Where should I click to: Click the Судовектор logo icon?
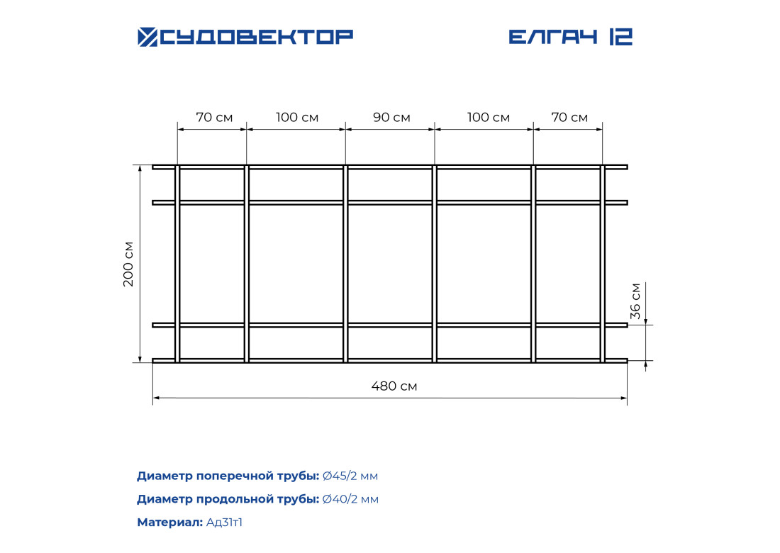(147, 37)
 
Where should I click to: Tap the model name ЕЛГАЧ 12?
(571, 37)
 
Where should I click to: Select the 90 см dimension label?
(391, 118)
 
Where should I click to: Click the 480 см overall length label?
(394, 386)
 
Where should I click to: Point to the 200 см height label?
(128, 264)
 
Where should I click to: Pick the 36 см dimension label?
(635, 301)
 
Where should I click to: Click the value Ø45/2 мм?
(350, 476)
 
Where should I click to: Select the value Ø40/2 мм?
(350, 499)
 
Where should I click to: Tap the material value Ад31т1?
(224, 523)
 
